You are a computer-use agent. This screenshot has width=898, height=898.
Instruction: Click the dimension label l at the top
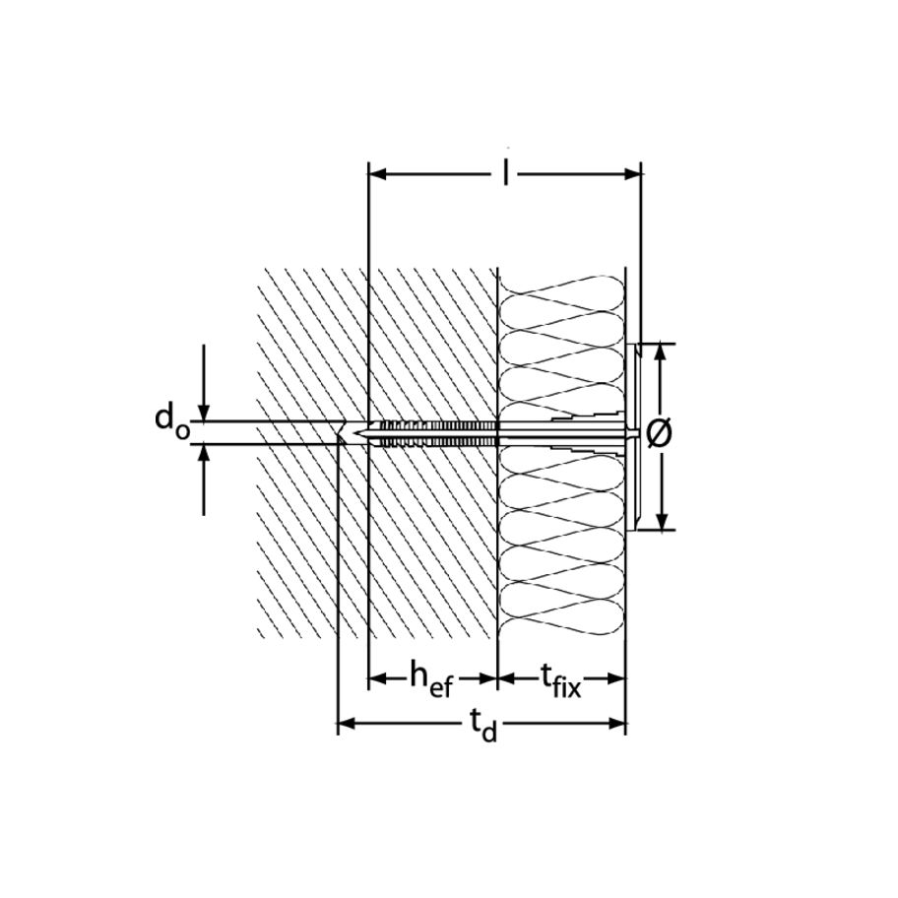pyautogui.click(x=505, y=175)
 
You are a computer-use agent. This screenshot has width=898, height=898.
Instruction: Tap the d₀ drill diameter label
pyautogui.click(x=170, y=420)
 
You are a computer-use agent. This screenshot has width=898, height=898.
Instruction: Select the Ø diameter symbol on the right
pyautogui.click(x=662, y=432)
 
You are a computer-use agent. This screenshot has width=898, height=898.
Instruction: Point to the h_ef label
pyautogui.click(x=431, y=677)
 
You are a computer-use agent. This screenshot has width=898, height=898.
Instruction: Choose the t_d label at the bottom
pyautogui.click(x=482, y=727)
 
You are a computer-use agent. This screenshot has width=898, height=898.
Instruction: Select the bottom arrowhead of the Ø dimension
pyautogui.click(x=662, y=522)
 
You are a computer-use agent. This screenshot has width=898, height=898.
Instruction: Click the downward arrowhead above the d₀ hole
pyautogui.click(x=204, y=414)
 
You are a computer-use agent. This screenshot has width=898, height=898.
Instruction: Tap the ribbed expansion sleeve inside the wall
pyautogui.click(x=433, y=432)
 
